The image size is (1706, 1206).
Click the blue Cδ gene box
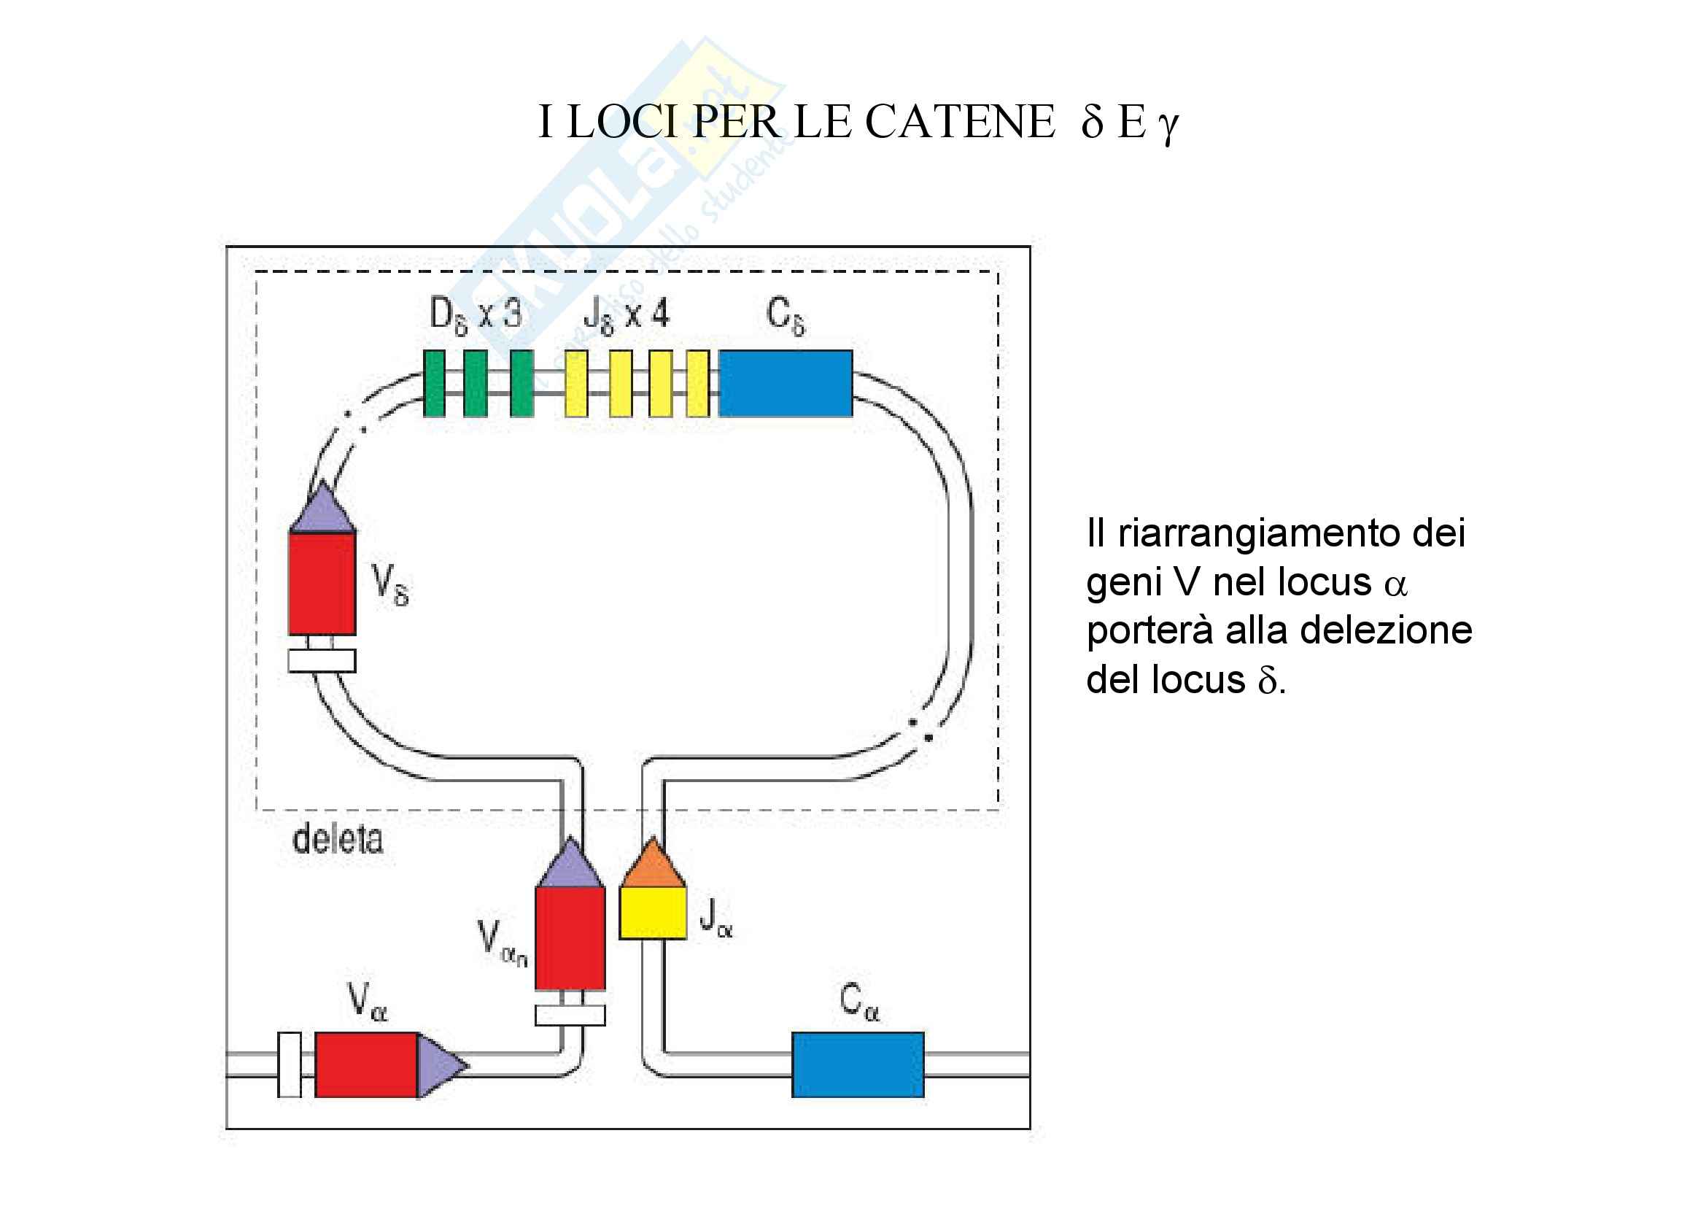pos(786,384)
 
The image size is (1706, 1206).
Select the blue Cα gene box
pos(858,1064)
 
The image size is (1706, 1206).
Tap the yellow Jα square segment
pos(652,913)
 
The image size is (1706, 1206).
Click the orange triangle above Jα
pos(652,867)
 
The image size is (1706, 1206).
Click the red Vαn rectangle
pos(570,938)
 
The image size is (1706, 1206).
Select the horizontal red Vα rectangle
pos(365,1064)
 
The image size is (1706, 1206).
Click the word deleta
pos(338,840)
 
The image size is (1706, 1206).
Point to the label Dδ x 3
pos(476,314)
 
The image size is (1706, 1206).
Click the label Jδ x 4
pos(627,314)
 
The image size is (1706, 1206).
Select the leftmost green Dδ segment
pos(434,384)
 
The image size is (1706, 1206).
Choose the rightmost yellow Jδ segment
pos(698,384)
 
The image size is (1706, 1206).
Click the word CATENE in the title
pos(959,122)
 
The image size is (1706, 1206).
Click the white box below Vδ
pos(322,660)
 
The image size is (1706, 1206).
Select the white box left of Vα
pos(289,1064)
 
